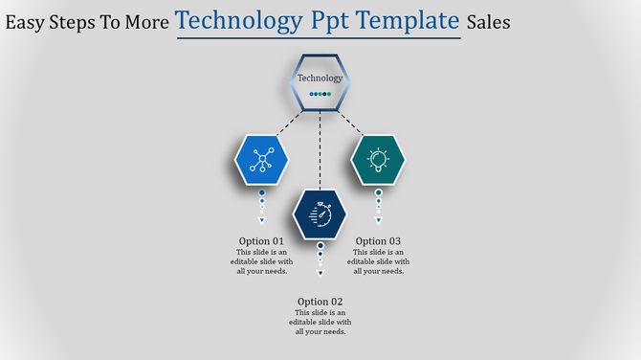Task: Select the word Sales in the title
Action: tap(489, 22)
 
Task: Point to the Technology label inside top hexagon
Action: tap(320, 79)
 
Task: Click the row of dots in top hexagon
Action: tap(320, 94)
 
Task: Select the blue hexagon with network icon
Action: tap(261, 160)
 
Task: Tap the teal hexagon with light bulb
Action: tap(378, 160)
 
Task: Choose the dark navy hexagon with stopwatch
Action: tap(320, 214)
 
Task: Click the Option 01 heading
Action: tap(261, 241)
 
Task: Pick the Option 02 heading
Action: tap(320, 302)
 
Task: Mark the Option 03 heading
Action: tap(378, 241)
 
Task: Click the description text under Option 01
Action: tap(261, 261)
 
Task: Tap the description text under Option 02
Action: tap(320, 322)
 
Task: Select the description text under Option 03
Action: tap(378, 261)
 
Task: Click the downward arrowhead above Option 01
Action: tap(261, 220)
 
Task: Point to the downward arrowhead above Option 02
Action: tap(320, 273)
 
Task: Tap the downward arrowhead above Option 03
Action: tap(378, 220)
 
